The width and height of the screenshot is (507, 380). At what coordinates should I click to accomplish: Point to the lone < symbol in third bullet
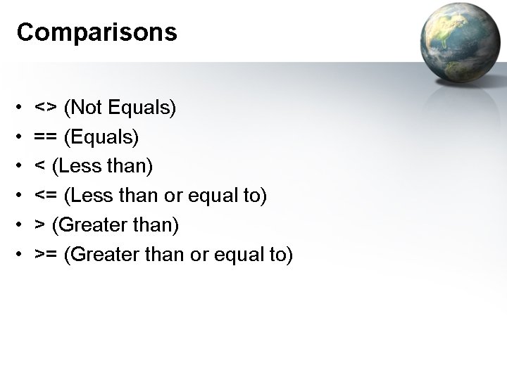click(41, 167)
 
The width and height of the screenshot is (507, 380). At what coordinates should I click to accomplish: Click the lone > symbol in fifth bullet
click(41, 226)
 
